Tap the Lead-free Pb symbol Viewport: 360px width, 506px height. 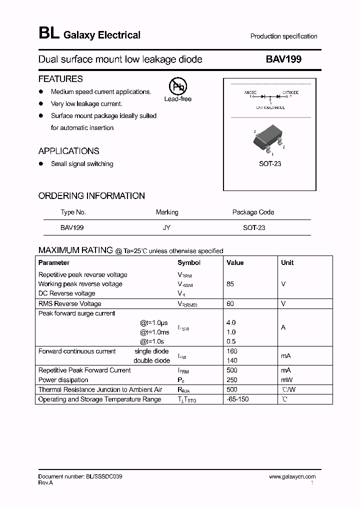tap(177, 87)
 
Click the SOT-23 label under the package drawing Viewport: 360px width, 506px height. tap(269, 163)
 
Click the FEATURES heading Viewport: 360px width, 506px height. tap(60, 79)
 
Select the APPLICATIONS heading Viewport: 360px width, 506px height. tap(68, 151)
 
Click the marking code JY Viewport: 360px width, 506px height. tap(166, 227)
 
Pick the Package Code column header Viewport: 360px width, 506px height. tap(253, 212)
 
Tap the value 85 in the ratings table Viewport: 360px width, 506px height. tap(230, 284)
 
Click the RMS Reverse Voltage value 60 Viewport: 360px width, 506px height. tap(230, 303)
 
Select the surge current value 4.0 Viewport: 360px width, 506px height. tap(231, 323)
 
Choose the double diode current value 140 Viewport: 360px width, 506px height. tap(231, 360)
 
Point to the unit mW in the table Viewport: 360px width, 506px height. tap(286, 380)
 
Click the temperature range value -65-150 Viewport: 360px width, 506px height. tap(237, 399)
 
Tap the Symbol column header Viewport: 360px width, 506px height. tap(189, 262)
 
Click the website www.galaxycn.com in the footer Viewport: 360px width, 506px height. tap(292, 477)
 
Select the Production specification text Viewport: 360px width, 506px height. tap(283, 36)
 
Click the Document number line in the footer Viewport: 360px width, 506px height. tap(80, 477)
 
